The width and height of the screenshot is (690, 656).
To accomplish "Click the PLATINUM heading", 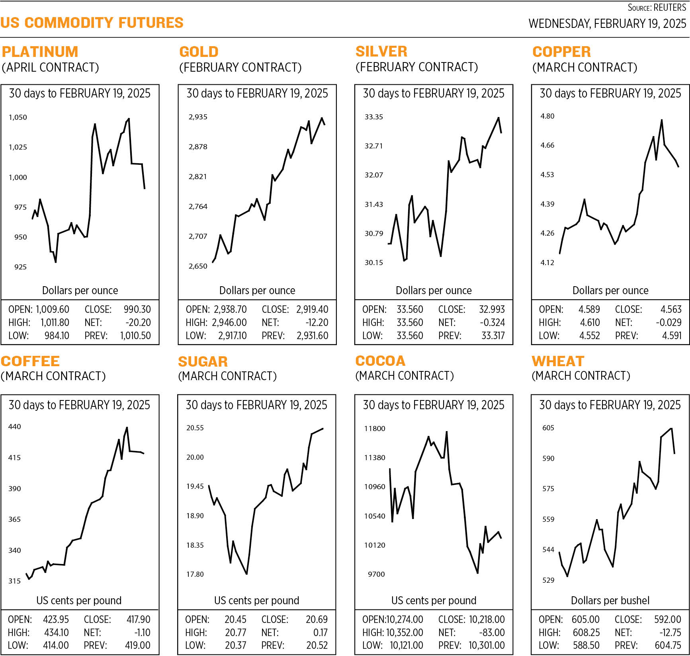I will pos(40,52).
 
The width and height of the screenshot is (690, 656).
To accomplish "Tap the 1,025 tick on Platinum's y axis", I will pos(18,147).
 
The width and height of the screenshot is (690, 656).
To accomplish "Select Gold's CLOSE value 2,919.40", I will pos(312,310).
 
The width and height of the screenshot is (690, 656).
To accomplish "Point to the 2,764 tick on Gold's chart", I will pos(198,207).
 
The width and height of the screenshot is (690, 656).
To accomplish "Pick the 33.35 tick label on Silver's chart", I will pos(373,117).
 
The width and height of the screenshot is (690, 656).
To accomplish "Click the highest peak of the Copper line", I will pos(662,120).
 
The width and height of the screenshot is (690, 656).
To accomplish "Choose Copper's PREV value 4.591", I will pos(672,336).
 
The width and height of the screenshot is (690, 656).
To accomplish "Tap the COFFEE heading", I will pos(30,361).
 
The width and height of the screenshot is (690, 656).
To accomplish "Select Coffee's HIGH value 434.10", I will pos(56,633).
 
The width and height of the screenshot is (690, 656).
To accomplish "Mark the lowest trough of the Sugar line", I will pos(247,574).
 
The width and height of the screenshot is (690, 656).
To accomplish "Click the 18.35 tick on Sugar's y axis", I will pos(195,545).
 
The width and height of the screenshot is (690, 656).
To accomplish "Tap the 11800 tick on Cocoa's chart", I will pos(375,429).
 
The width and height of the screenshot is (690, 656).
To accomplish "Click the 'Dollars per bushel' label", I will pos(610,601).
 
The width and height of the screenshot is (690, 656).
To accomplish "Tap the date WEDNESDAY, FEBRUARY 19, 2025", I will pos(607,24).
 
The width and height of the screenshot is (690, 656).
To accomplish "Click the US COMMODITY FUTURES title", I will pos(92,23).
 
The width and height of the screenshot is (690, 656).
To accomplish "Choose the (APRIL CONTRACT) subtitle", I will pos(50,67).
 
